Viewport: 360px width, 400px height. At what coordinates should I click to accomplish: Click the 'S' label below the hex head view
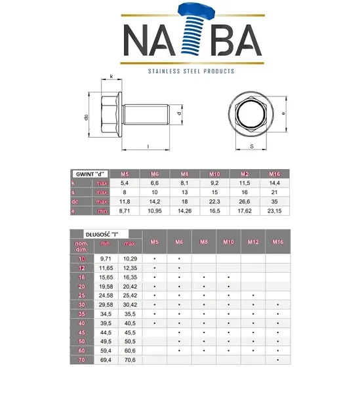click(x=251, y=148)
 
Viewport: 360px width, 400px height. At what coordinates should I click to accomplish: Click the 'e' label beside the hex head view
click(x=283, y=113)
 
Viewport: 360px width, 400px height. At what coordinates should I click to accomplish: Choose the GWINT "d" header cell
click(x=89, y=174)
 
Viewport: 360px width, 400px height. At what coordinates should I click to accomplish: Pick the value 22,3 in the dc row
click(x=214, y=202)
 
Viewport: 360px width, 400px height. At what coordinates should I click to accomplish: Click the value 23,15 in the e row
click(x=275, y=211)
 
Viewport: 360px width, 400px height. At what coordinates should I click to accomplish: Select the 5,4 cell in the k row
click(x=124, y=184)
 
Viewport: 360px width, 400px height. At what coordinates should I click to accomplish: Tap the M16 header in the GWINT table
click(x=275, y=174)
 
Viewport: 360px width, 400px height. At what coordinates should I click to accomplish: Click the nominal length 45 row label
click(x=82, y=332)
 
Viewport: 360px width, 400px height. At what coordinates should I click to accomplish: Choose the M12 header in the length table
click(x=253, y=242)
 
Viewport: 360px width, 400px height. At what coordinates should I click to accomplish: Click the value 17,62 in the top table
click(x=245, y=211)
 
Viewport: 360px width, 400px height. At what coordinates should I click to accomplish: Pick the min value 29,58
click(x=106, y=305)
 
